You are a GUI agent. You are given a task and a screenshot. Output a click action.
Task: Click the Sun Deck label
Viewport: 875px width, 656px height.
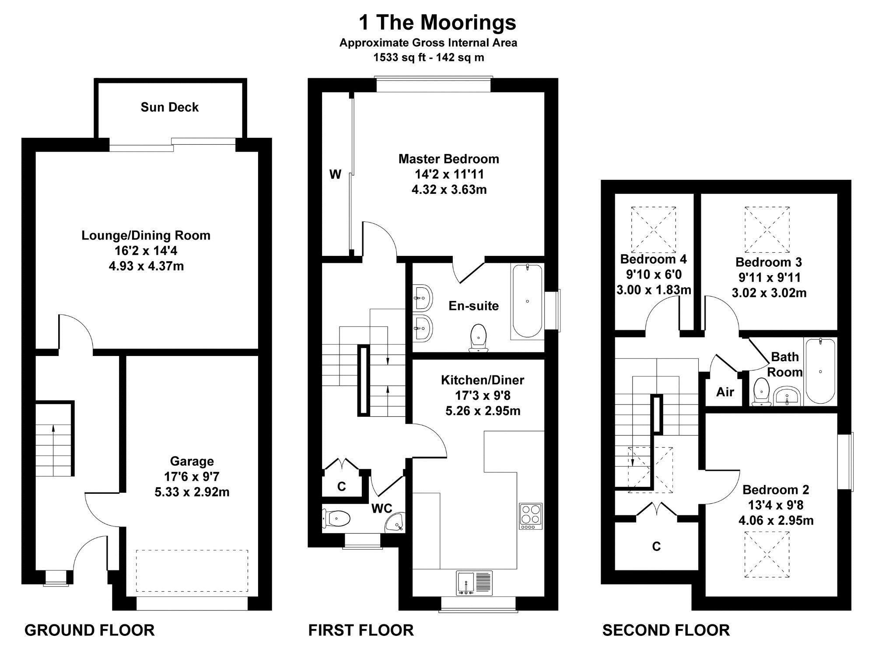tap(170, 108)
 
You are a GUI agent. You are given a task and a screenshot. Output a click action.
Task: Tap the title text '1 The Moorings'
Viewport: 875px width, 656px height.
tap(437, 22)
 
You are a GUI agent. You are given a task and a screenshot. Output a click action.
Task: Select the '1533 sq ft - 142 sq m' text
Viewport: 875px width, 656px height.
tap(429, 57)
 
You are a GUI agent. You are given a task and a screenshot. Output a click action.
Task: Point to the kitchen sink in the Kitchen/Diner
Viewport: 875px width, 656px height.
tap(474, 583)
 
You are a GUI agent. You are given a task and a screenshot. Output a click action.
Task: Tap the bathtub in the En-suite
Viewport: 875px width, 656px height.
tap(527, 301)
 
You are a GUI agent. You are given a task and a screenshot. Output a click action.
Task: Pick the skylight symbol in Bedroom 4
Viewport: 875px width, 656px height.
tap(654, 230)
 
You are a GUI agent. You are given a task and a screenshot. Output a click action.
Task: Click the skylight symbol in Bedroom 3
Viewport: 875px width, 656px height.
tap(767, 230)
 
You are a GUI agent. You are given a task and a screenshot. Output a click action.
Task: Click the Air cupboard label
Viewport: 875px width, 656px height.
tap(725, 392)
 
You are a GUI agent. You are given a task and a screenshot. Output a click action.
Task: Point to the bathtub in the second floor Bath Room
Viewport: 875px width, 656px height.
tap(820, 370)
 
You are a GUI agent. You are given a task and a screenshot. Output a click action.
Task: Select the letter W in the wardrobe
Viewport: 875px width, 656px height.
tap(335, 174)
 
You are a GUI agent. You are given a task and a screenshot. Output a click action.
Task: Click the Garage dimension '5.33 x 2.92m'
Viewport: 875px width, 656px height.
tap(192, 492)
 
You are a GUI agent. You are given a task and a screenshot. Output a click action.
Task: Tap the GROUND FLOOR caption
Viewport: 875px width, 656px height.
tap(89, 630)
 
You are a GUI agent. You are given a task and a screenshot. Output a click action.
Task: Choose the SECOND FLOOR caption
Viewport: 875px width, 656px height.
tap(666, 630)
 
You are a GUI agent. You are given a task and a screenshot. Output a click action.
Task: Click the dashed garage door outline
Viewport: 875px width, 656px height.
tap(192, 571)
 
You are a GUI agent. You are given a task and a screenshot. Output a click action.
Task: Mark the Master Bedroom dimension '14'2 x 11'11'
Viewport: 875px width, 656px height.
tap(449, 174)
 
